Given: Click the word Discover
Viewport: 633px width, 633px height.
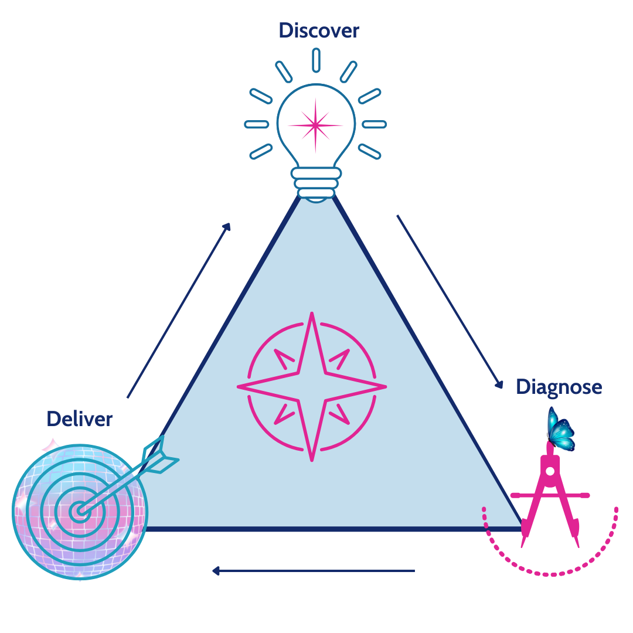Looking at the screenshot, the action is [x=319, y=30].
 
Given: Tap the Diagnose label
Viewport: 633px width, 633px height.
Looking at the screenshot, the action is [x=559, y=387].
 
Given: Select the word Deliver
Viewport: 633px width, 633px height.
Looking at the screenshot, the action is [x=80, y=418].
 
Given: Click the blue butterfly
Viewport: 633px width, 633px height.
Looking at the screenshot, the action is [x=560, y=430].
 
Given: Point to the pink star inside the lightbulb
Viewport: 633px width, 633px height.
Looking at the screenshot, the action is [x=315, y=125].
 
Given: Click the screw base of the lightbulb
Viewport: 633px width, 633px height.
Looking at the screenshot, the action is [x=316, y=184].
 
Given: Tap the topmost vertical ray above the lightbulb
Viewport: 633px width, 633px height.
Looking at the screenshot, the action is [x=316, y=60].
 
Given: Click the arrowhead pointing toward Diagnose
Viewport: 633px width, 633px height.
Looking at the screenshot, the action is [x=499, y=384].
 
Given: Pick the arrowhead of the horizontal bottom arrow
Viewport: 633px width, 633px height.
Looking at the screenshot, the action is [x=216, y=571].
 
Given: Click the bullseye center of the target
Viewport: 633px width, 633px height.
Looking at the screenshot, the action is [x=80, y=512].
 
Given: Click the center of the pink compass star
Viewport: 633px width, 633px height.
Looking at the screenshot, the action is [x=312, y=387].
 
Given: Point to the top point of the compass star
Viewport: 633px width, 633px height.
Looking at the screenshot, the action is [x=312, y=313].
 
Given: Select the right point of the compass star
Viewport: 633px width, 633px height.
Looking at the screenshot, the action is [x=386, y=387].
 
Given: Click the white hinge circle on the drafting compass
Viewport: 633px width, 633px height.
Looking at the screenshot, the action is [x=550, y=471].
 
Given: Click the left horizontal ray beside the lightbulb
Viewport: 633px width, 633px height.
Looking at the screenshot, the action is [x=257, y=124].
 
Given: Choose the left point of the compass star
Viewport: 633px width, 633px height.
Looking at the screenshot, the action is [x=238, y=387].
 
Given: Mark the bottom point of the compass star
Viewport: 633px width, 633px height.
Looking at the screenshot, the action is [x=312, y=461].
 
